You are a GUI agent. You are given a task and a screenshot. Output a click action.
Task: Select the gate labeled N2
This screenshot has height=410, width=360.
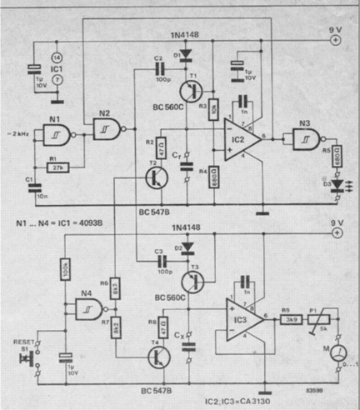[107, 127]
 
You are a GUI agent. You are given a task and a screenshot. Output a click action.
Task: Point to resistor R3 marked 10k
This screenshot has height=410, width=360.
[212, 109]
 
